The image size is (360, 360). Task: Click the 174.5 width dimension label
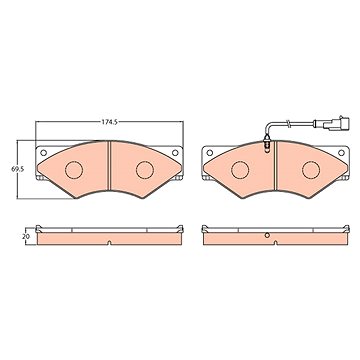(x=110, y=122)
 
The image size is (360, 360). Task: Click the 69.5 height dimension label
(x=18, y=169)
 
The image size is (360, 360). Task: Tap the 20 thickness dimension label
(x=26, y=237)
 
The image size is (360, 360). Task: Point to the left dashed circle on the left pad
(x=74, y=170)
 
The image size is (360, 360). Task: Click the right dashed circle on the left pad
(x=145, y=170)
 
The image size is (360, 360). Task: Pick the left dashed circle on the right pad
(x=240, y=170)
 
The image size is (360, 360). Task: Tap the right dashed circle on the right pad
(x=311, y=170)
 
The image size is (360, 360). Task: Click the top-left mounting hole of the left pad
(x=43, y=153)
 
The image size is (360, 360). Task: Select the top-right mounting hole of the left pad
(x=175, y=153)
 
